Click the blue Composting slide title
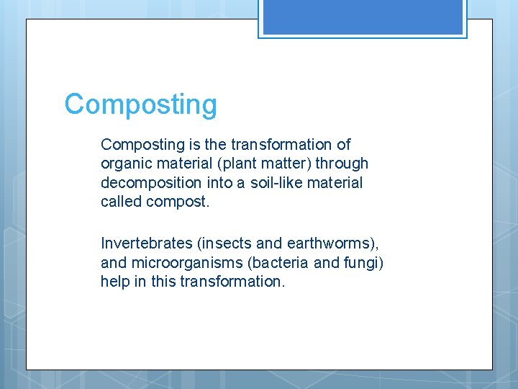[140, 104]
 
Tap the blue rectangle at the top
[363, 17]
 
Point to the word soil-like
[276, 183]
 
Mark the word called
[121, 202]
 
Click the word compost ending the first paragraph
[176, 202]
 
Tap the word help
[115, 281]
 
